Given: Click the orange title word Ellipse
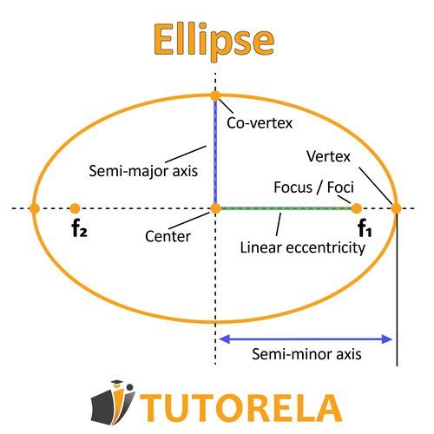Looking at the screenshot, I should pyautogui.click(x=214, y=39).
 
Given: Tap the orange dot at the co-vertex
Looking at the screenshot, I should pyautogui.click(x=215, y=95).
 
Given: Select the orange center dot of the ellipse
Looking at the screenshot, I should pyautogui.click(x=215, y=208).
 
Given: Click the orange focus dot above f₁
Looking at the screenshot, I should pyautogui.click(x=357, y=208).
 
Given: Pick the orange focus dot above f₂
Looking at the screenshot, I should pyautogui.click(x=75, y=208).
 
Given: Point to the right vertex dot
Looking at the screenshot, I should pyautogui.click(x=396, y=208).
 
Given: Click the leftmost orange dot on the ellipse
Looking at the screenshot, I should pyautogui.click(x=34, y=208).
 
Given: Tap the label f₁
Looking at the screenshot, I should pyautogui.click(x=365, y=231).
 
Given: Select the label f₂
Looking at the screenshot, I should pyautogui.click(x=80, y=231).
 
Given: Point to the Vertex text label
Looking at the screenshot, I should pyautogui.click(x=328, y=156).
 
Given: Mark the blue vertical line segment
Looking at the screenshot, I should pyautogui.click(x=215, y=152).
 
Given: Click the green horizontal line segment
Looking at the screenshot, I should pyautogui.click(x=286, y=208).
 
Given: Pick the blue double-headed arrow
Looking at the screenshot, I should pyautogui.click(x=306, y=338).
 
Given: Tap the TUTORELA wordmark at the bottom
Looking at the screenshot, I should pyautogui.click(x=243, y=405).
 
